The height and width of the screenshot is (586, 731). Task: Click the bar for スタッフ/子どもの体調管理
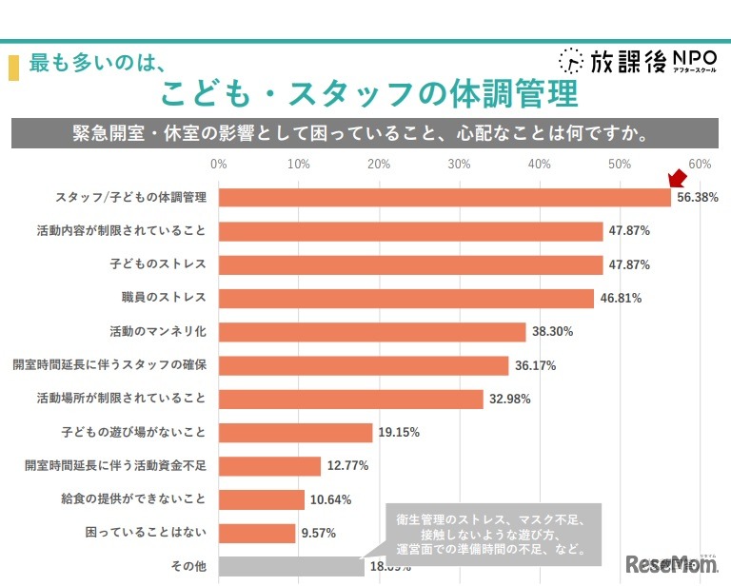(x=445, y=197)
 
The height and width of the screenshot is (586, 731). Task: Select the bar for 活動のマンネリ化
(x=372, y=331)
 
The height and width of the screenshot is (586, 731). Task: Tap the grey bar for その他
(x=291, y=567)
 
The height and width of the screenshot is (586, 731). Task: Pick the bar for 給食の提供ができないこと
(x=262, y=499)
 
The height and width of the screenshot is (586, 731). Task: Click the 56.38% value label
(x=697, y=198)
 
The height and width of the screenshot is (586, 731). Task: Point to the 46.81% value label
(x=621, y=298)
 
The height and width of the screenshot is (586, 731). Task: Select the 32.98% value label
(x=509, y=399)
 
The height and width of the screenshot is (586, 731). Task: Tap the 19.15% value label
(x=398, y=433)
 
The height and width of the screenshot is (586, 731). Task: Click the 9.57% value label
(x=320, y=534)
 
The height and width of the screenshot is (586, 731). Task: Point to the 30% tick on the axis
(x=460, y=165)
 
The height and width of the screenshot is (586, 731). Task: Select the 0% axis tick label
(x=219, y=165)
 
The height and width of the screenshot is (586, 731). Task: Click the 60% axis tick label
(x=701, y=165)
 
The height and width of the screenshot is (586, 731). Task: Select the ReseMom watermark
(x=671, y=565)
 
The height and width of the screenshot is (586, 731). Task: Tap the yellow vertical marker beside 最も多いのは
(x=13, y=68)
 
